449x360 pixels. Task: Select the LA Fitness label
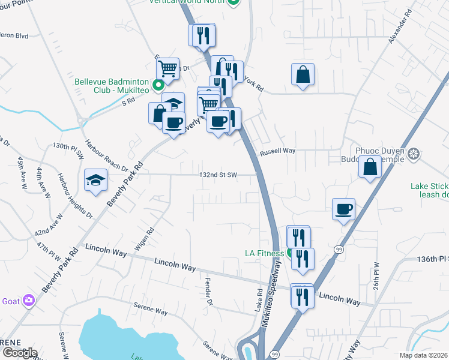pyautogui.click(x=264, y=253)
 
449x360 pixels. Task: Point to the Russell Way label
pyautogui.click(x=277, y=152)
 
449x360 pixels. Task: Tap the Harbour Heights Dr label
pyautogui.click(x=75, y=194)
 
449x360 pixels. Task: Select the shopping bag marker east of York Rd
pyautogui.click(x=303, y=75)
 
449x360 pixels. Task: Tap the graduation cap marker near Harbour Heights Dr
pyautogui.click(x=95, y=181)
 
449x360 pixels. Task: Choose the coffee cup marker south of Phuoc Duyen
pyautogui.click(x=344, y=209)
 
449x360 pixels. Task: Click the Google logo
pyautogui.click(x=20, y=353)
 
